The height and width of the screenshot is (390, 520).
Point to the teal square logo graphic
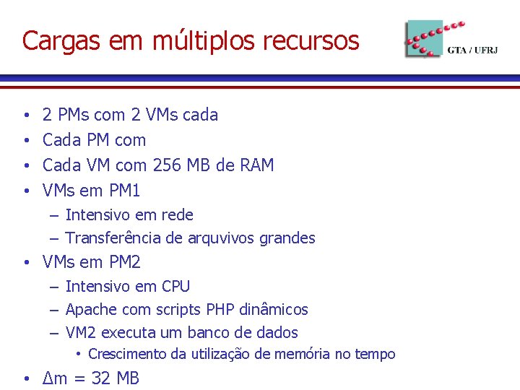click(x=423, y=38)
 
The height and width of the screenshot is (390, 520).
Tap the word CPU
click(x=175, y=287)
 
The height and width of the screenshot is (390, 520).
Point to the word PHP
click(x=222, y=310)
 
